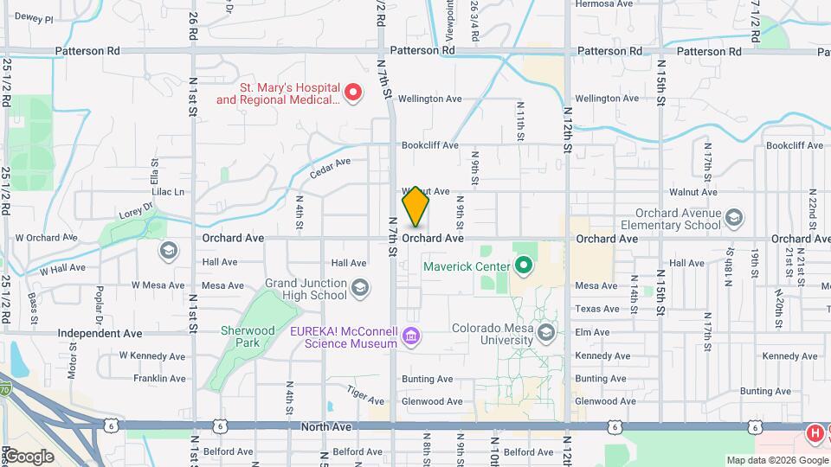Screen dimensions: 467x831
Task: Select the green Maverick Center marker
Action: (x=523, y=265)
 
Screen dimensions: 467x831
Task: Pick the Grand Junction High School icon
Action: (x=359, y=288)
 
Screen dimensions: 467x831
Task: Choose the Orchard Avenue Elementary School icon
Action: (x=735, y=216)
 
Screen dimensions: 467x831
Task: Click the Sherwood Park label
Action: (x=248, y=336)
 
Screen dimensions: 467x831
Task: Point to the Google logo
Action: (x=29, y=457)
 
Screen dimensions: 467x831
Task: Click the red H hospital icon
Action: (x=815, y=432)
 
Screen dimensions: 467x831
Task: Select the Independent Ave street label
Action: (x=100, y=333)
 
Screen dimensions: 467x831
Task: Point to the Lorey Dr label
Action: (x=136, y=208)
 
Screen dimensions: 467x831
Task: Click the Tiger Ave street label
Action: (x=365, y=395)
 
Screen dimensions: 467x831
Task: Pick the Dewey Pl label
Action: (x=35, y=18)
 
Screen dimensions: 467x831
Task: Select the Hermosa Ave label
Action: (x=605, y=3)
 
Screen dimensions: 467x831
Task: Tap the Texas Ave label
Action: (x=598, y=309)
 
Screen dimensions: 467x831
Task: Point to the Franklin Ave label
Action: (x=159, y=379)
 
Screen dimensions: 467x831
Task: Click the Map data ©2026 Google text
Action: (x=776, y=460)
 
